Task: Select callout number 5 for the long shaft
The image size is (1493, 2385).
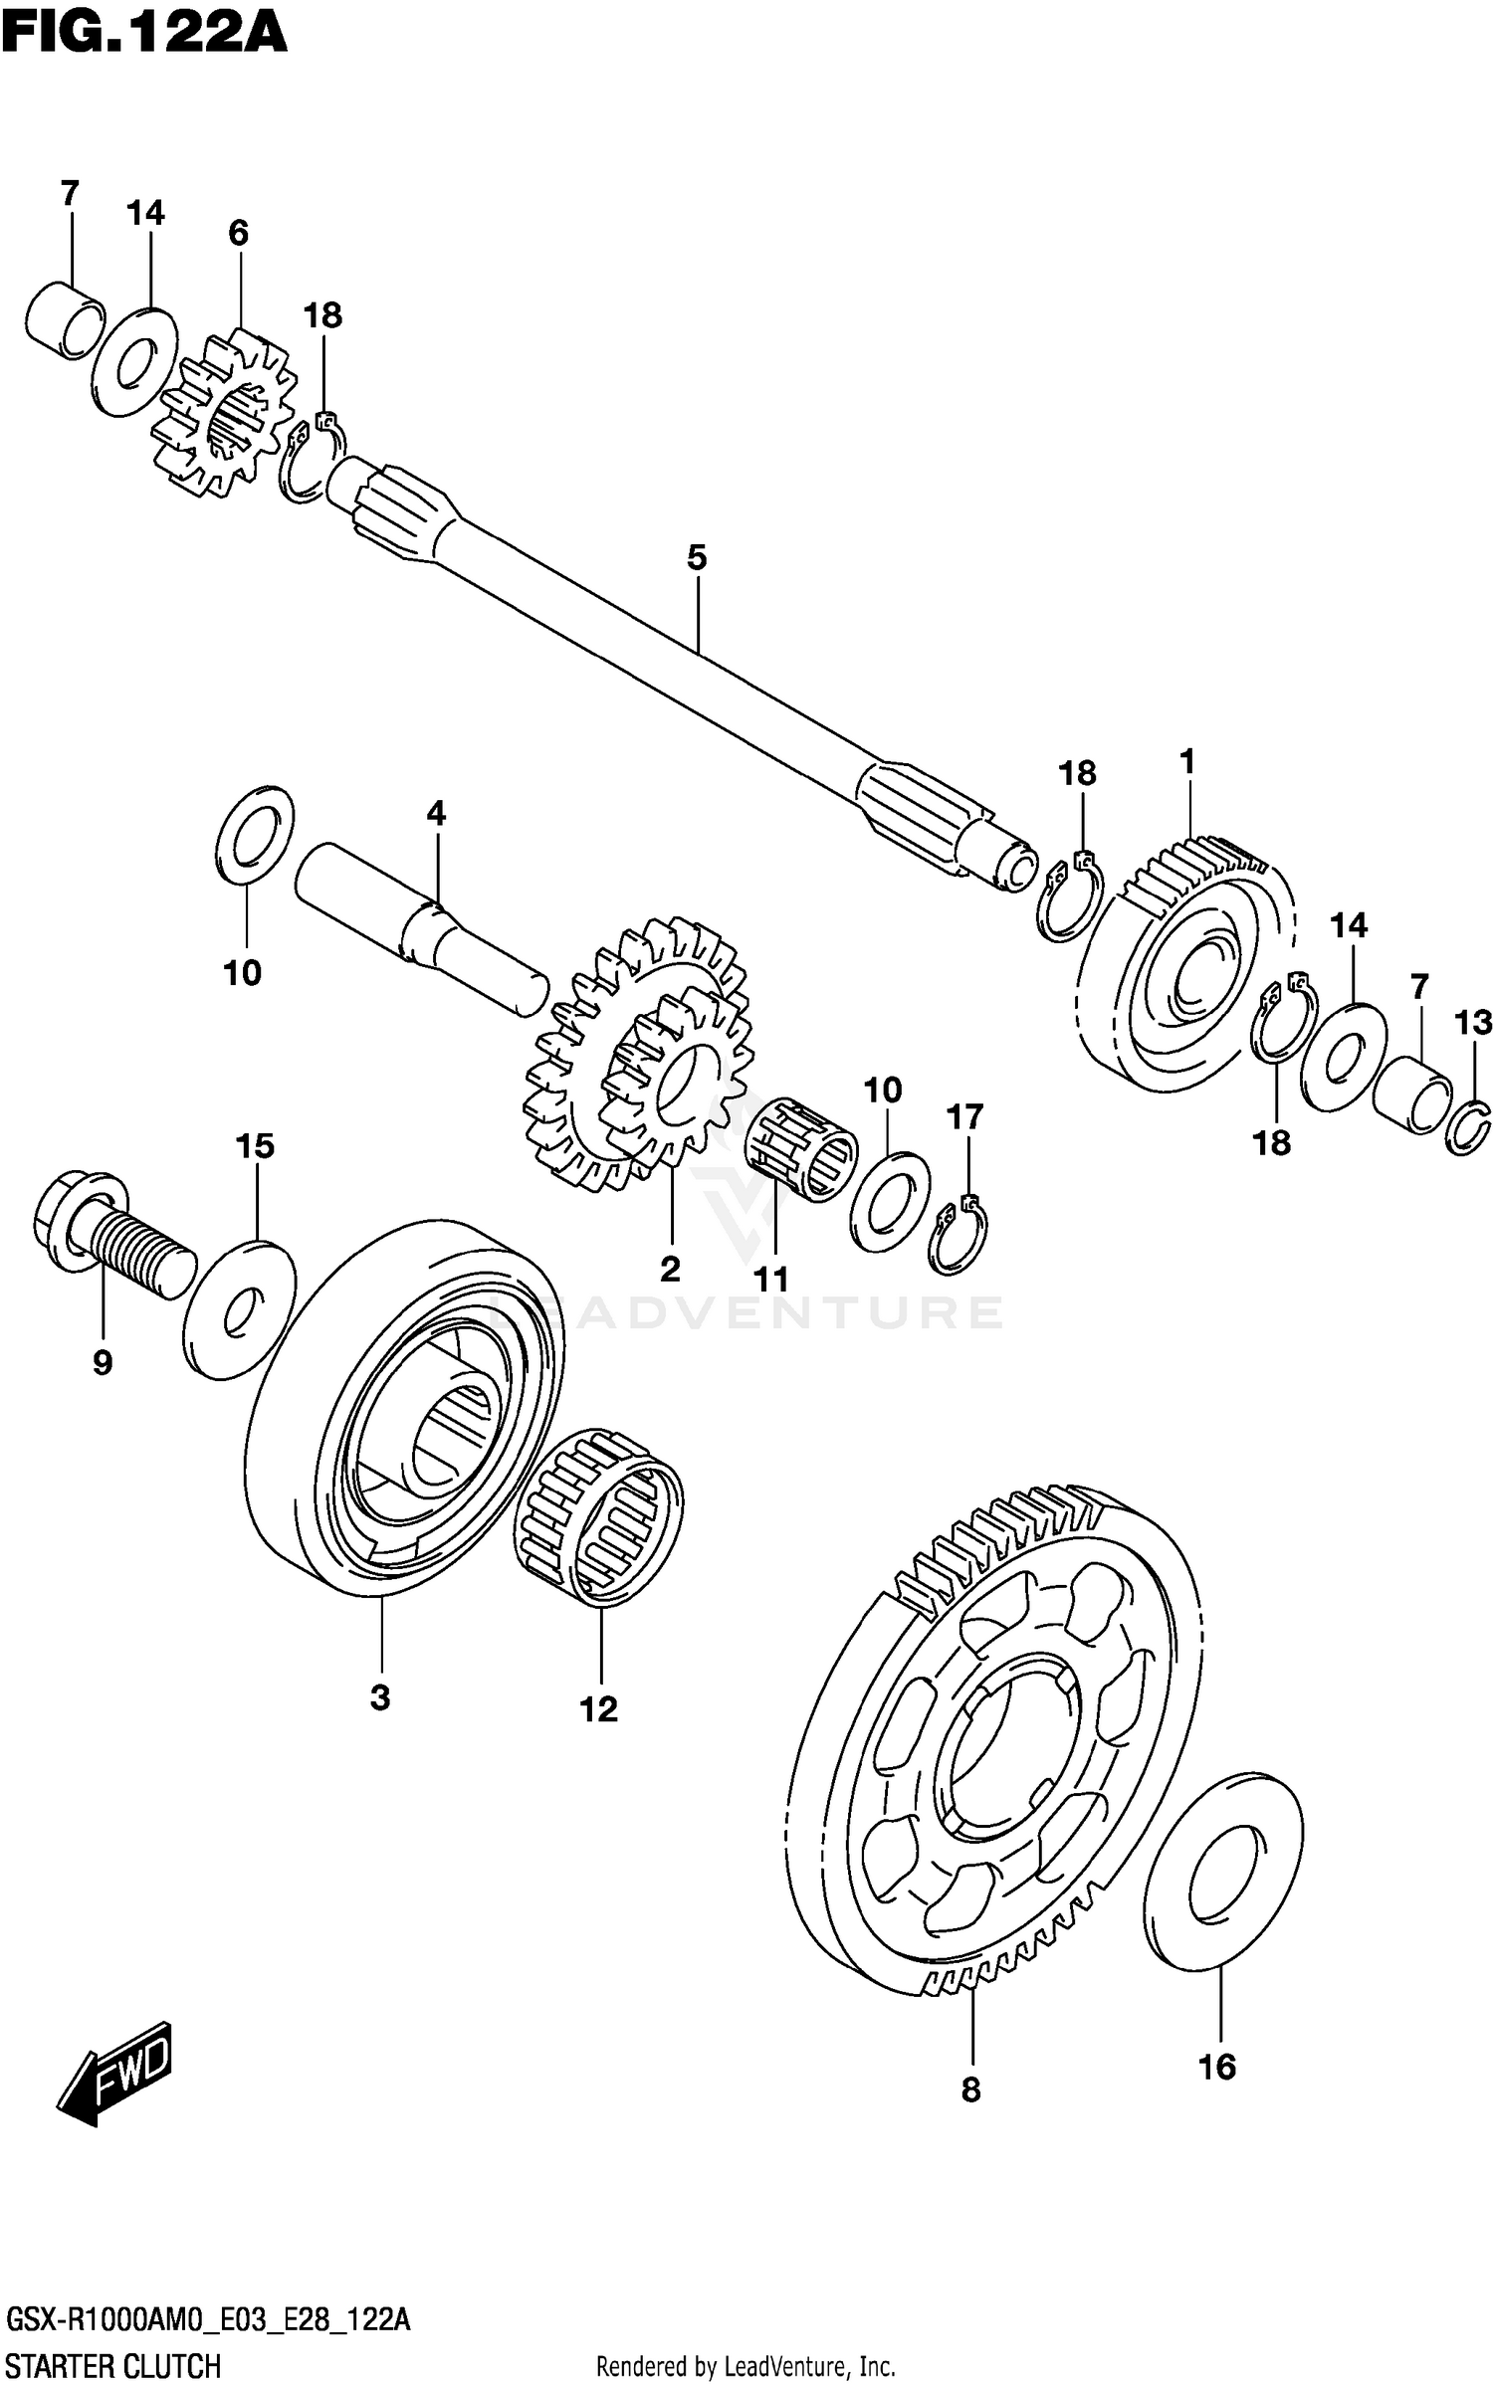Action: pyautogui.click(x=696, y=558)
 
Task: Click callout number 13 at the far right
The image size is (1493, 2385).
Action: pyautogui.click(x=1473, y=1023)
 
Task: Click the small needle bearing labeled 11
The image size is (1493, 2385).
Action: pyautogui.click(x=801, y=1149)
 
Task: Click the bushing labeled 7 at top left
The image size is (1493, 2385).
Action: pyautogui.click(x=65, y=320)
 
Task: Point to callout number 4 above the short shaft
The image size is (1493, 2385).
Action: pyautogui.click(x=436, y=814)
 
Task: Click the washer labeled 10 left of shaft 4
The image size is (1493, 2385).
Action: pyautogui.click(x=255, y=834)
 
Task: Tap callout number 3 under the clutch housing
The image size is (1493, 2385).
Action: pyautogui.click(x=380, y=1697)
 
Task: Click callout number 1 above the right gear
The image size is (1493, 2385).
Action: pyautogui.click(x=1186, y=763)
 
